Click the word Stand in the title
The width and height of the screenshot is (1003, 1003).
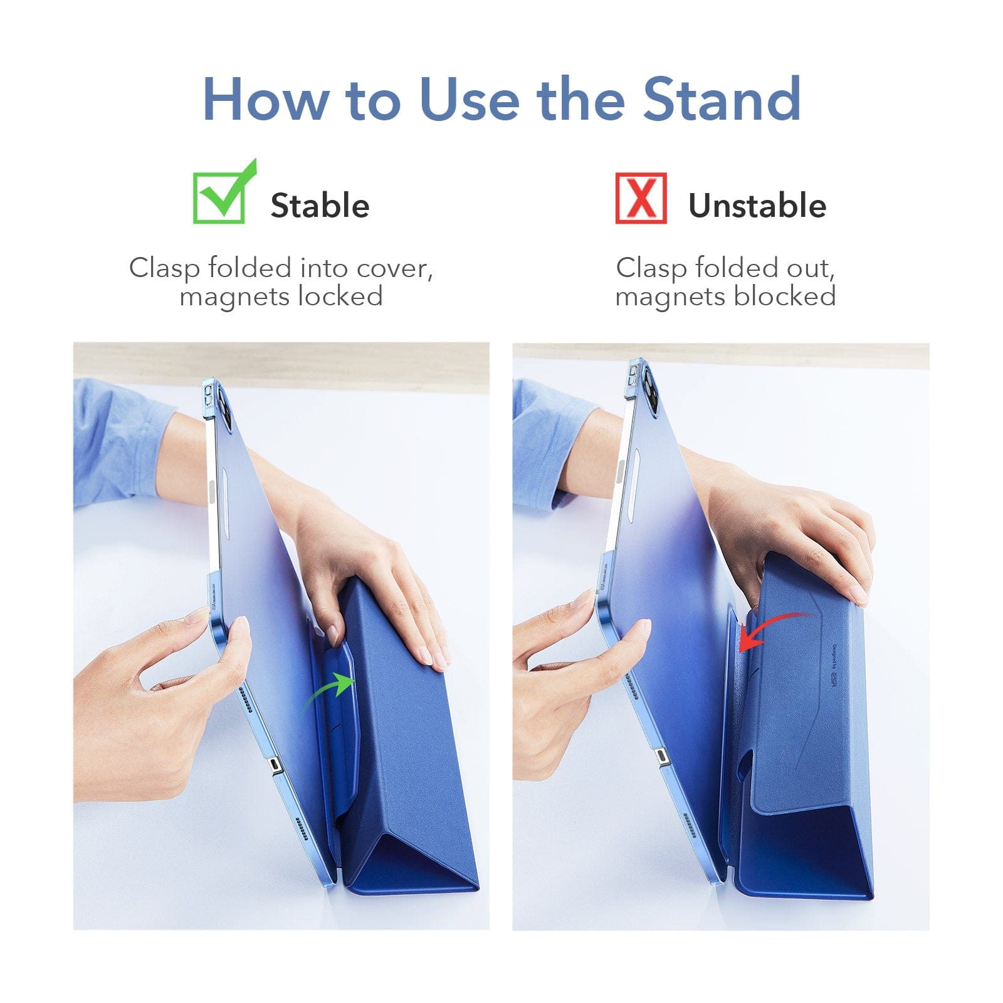[x=722, y=98]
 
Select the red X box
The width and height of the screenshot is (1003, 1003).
[x=641, y=198]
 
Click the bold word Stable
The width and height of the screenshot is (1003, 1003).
[x=320, y=206]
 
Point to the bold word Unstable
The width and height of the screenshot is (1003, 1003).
[x=757, y=206]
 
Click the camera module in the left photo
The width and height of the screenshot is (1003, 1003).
[x=219, y=407]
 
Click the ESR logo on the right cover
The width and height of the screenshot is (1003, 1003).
[x=834, y=680]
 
